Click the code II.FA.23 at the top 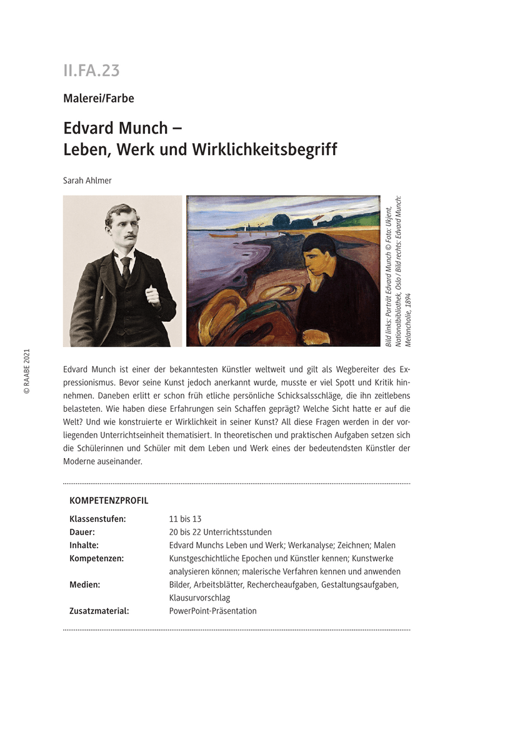pyautogui.click(x=91, y=71)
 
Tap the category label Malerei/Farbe pyautogui.click(x=99, y=98)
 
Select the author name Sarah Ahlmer pyautogui.click(x=87, y=180)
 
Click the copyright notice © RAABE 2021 pyautogui.click(x=27, y=371)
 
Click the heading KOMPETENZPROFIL pyautogui.click(x=109, y=501)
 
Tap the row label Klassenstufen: pyautogui.click(x=97, y=519)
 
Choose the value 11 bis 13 pyautogui.click(x=185, y=519)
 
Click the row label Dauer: pyautogui.click(x=82, y=532)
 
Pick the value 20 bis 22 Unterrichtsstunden pyautogui.click(x=220, y=532)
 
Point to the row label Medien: pyautogui.click(x=85, y=584)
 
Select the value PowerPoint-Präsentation pyautogui.click(x=212, y=611)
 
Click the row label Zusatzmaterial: pyautogui.click(x=99, y=611)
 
